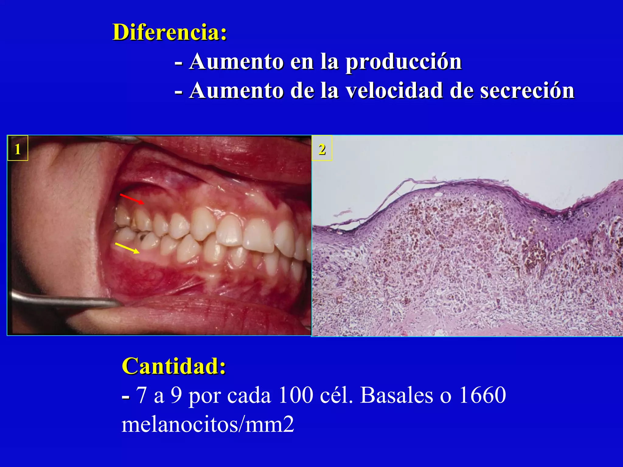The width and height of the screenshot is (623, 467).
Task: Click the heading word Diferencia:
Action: click(169, 32)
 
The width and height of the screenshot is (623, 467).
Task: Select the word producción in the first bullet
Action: click(404, 62)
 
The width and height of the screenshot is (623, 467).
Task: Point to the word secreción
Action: click(527, 91)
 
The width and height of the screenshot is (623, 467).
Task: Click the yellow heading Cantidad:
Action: click(174, 366)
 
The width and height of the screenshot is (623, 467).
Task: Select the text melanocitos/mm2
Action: click(208, 424)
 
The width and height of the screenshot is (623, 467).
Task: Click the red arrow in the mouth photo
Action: click(132, 199)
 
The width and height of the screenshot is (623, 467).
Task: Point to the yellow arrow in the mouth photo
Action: click(127, 248)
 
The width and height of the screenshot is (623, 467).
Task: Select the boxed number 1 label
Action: click(18, 149)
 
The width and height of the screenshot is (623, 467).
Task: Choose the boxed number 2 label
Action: click(322, 149)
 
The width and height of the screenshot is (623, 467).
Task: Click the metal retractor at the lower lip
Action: click(61, 300)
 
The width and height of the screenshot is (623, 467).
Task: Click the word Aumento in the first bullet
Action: click(236, 62)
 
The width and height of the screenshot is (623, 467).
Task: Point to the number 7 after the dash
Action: click(141, 395)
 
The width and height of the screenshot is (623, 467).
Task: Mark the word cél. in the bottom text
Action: click(337, 395)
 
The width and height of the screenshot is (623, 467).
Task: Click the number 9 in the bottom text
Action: click(176, 395)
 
